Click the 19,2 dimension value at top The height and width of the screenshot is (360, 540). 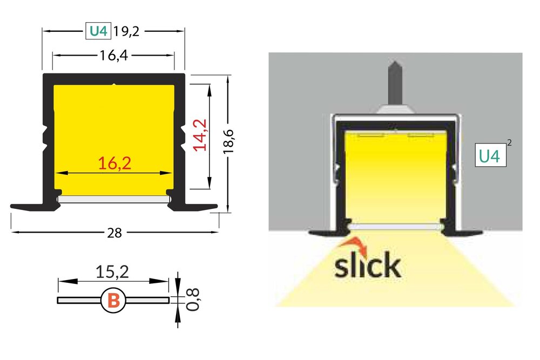coord(126,32)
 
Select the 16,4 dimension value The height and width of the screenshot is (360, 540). coord(113,55)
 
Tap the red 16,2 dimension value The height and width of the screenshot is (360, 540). coord(114,163)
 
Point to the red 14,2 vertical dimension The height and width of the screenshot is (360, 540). coord(201,135)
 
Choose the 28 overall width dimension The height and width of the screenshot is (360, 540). coord(114,233)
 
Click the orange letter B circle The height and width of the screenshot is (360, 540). coord(114,300)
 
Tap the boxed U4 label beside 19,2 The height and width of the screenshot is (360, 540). coord(98,32)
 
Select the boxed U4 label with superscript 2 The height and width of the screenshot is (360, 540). coord(489,157)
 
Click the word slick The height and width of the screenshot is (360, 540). coord(367,266)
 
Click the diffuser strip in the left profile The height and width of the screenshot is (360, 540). coord(114,199)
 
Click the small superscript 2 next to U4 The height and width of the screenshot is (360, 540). coord(510,143)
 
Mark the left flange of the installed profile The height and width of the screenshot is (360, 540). coord(324,233)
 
